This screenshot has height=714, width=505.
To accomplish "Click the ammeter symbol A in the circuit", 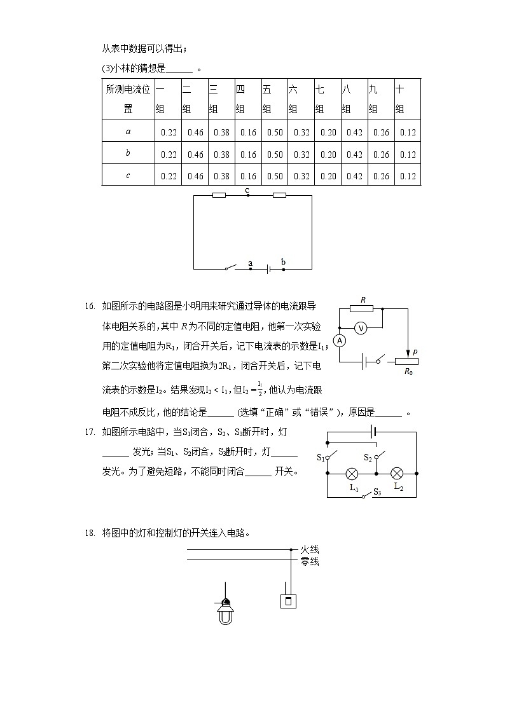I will pyautogui.click(x=340, y=341).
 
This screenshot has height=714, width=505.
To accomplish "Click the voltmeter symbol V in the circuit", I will pyautogui.click(x=361, y=328).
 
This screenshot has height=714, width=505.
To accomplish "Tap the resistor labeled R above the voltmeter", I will pyautogui.click(x=362, y=309).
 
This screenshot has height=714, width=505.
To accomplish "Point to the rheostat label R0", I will pyautogui.click(x=408, y=371).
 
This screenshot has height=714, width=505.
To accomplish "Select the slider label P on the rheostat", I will pyautogui.click(x=415, y=352).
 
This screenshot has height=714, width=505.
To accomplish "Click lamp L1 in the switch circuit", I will pyautogui.click(x=352, y=474).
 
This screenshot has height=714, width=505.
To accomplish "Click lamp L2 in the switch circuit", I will pyautogui.click(x=397, y=474).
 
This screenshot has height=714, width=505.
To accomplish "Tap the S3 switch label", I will pyautogui.click(x=377, y=491).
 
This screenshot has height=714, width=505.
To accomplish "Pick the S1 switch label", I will pyautogui.click(x=321, y=457).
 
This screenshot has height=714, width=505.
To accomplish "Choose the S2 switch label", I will pyautogui.click(x=368, y=457).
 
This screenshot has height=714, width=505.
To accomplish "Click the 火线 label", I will pyautogui.click(x=310, y=550).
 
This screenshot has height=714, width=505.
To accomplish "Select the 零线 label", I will pyautogui.click(x=310, y=561).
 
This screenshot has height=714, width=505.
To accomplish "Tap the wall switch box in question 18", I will pyautogui.click(x=288, y=601).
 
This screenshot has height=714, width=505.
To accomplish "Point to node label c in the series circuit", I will pyautogui.click(x=247, y=190).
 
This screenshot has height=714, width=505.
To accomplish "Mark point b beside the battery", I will pyautogui.click(x=283, y=263).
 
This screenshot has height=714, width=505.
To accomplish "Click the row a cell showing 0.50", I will pyautogui.click(x=275, y=132).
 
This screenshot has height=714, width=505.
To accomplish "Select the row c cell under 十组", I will pyautogui.click(x=408, y=175).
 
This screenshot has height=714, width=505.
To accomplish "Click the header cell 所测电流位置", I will pyautogui.click(x=128, y=99).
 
